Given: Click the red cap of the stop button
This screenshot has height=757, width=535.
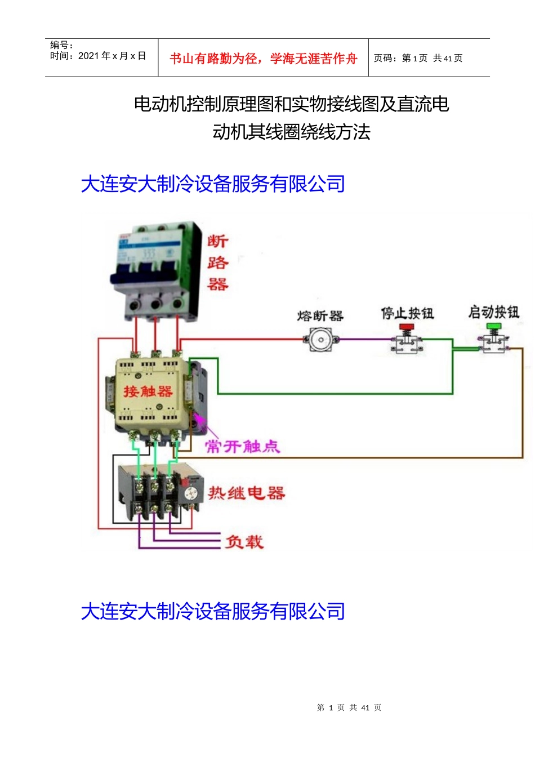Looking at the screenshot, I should tap(407, 327).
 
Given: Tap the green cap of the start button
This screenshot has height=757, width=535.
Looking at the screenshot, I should tap(494, 326).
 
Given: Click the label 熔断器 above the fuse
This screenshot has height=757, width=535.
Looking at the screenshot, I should tap(320, 316).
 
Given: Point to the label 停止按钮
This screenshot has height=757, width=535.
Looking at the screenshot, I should tap(407, 313).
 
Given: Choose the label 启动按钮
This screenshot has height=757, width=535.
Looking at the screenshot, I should tap(494, 312).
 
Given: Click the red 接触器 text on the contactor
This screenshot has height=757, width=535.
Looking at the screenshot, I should tap(148, 391).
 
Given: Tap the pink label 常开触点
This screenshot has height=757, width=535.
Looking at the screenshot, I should tap(242, 447).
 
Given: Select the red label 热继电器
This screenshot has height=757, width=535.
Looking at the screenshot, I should tap(247, 493).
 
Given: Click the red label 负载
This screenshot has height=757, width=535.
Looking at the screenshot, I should tap(244, 542).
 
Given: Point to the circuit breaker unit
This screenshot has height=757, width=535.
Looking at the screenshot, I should tap(156, 270).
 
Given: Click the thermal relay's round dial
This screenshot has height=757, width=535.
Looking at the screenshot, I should tap(191, 493).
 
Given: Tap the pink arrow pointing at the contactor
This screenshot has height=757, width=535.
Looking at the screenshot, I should tap(199, 422).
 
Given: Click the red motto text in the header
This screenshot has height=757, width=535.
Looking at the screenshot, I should tap(264, 59).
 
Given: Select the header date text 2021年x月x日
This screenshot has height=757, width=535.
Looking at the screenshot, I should tap(112, 56).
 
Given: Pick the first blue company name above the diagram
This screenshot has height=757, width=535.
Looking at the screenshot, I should tap(213, 184).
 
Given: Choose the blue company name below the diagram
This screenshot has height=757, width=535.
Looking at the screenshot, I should tap(213, 612).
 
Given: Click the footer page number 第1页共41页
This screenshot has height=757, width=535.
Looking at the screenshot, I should tap(349, 707).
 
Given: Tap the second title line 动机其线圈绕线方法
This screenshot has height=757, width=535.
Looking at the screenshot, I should tap(291, 132).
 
